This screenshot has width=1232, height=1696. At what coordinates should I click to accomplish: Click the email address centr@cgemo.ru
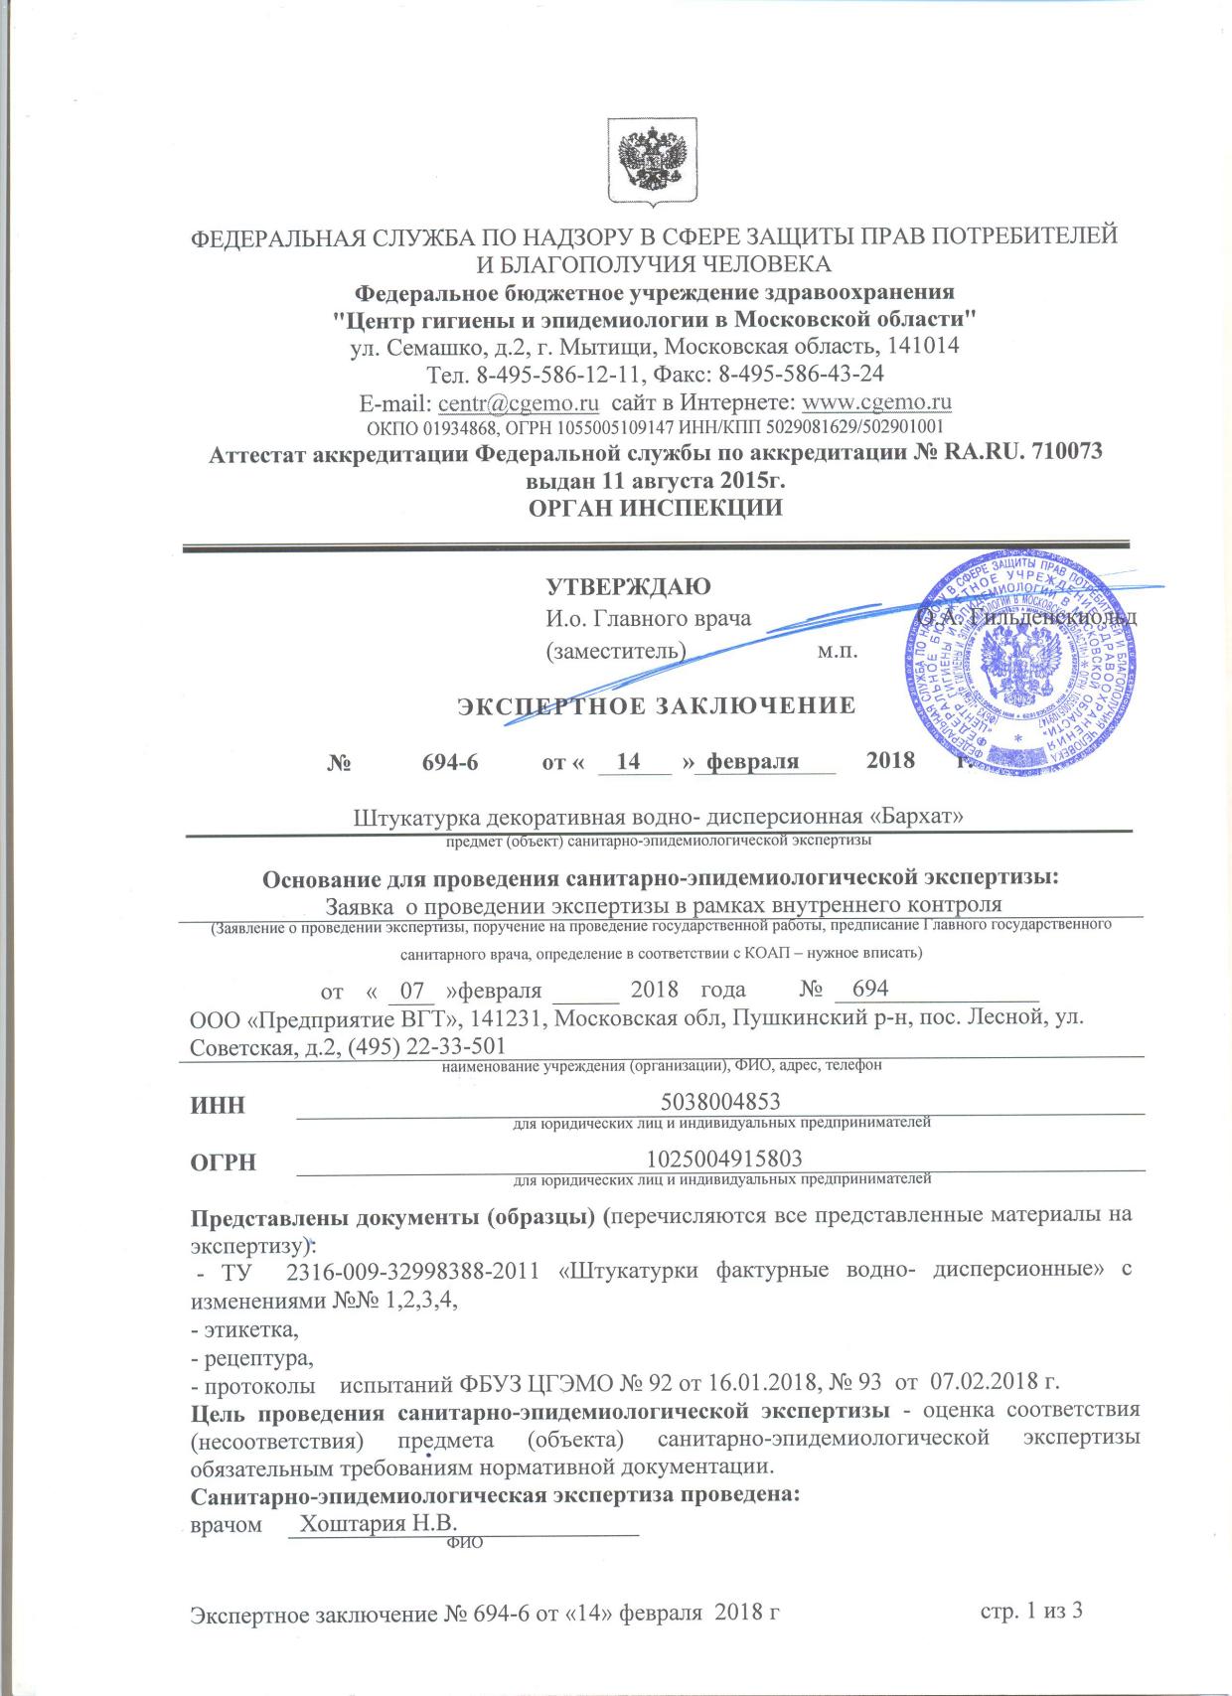point(518,402)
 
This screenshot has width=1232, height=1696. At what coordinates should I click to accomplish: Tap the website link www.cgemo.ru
point(876,402)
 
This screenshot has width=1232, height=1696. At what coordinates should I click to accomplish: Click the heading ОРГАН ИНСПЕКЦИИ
point(655,508)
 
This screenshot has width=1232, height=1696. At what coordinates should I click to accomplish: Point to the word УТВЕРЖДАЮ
point(628,586)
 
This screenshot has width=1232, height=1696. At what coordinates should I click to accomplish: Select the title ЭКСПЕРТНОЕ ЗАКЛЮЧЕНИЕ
point(656,706)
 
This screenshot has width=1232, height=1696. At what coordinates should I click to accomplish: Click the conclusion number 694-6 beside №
point(450,762)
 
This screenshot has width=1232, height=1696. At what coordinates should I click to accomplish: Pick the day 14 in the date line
point(628,762)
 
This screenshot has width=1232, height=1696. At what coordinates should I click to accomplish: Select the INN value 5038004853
point(719,1101)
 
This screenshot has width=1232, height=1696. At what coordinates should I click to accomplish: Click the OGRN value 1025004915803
point(724,1158)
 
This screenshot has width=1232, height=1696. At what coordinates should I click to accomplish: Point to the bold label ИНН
point(218,1105)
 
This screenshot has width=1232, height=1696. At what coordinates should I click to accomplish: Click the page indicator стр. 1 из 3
point(1030,1610)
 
